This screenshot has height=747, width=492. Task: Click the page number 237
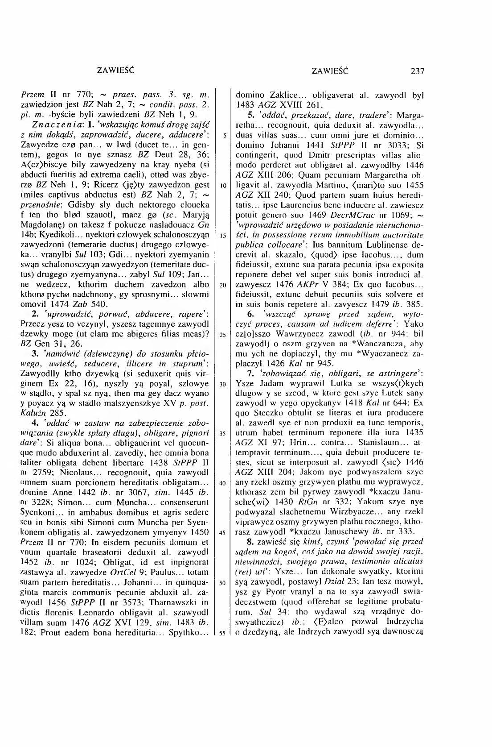click(x=418, y=71)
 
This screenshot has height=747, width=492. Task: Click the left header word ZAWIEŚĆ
click(x=115, y=71)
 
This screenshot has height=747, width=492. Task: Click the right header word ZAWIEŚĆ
click(x=330, y=71)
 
